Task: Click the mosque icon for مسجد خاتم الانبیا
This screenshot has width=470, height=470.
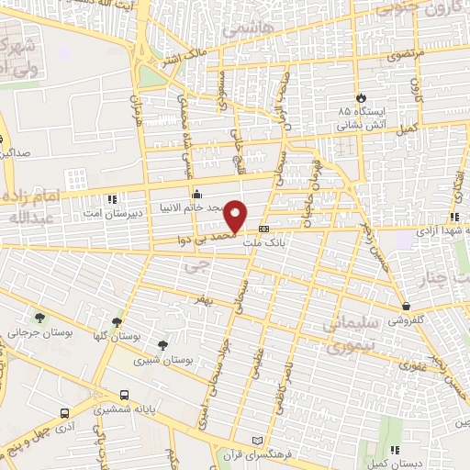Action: coord(196,194)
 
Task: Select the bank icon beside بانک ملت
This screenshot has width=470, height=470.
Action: coord(263,229)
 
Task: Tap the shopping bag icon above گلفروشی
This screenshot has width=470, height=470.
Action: coord(406,307)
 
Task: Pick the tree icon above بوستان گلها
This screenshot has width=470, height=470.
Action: coord(116,322)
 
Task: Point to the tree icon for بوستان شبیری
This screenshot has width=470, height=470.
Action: coord(162,344)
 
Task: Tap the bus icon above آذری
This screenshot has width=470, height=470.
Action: coord(64,413)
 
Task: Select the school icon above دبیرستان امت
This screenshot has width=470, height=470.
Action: coord(112,198)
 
